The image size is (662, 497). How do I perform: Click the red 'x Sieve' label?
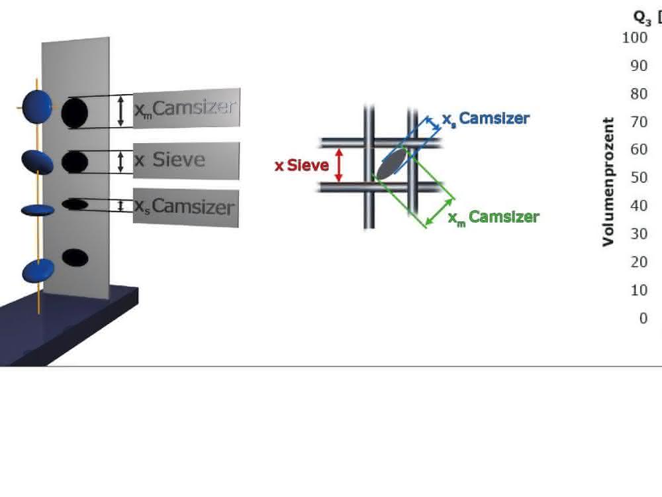tap(301, 165)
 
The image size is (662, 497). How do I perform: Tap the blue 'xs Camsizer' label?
tap(485, 119)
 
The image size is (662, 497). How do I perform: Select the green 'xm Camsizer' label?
tap(494, 217)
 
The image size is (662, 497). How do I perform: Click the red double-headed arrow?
tap(338, 165)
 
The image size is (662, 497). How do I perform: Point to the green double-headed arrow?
tap(440, 212)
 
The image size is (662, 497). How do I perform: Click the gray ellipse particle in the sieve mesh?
tap(391, 164)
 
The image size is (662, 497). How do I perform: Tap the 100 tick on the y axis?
tap(635, 38)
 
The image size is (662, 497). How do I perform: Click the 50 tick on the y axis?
tap(639, 178)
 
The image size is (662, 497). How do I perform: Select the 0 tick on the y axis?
tap(643, 318)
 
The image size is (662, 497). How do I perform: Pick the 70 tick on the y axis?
tap(639, 122)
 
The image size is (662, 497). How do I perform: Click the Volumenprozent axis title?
tap(608, 182)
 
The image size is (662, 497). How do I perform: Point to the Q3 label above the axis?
tap(642, 18)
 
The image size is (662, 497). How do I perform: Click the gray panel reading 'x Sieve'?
tap(186, 160)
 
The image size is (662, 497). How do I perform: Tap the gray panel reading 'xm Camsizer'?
tap(187, 108)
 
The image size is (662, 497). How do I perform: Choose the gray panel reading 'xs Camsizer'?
tap(186, 207)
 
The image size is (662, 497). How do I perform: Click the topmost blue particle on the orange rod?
tap(37, 107)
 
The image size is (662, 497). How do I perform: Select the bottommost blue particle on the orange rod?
tap(38, 271)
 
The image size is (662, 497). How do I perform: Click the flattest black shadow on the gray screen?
tap(75, 205)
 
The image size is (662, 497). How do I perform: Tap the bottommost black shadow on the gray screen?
tap(75, 258)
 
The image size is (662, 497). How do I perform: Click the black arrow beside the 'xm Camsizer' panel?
tap(120, 111)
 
